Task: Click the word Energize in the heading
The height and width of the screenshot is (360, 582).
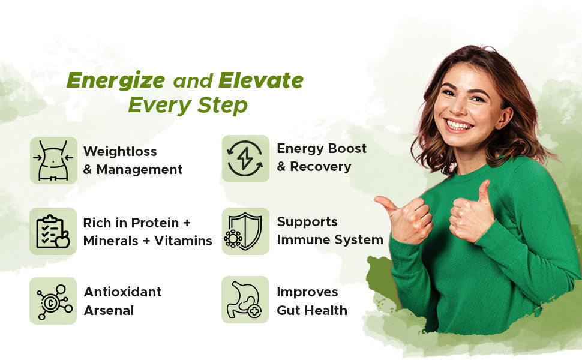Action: [x=116, y=80]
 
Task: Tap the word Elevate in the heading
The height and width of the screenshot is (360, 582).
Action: [x=261, y=80]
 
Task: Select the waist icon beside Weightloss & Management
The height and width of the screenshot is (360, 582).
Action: [x=53, y=160]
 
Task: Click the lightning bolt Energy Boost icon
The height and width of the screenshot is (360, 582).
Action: [x=245, y=158]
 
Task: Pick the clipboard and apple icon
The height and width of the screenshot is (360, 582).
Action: [x=53, y=232]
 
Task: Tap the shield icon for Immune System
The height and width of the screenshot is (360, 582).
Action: [x=245, y=231]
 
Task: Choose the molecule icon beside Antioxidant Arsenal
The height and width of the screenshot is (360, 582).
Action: [x=53, y=301]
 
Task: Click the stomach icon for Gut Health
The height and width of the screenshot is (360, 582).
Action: [x=245, y=300]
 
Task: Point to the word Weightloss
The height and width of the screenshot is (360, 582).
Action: [x=120, y=151]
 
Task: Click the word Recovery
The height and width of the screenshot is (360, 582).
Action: [x=320, y=167]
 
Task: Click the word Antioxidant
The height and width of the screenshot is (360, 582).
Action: [x=122, y=292]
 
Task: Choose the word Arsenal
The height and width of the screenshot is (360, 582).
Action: [x=109, y=311]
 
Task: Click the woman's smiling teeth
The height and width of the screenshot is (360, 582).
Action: [x=459, y=125]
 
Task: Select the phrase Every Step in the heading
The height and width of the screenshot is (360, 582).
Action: [x=187, y=105]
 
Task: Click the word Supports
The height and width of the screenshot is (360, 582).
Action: [x=307, y=222]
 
